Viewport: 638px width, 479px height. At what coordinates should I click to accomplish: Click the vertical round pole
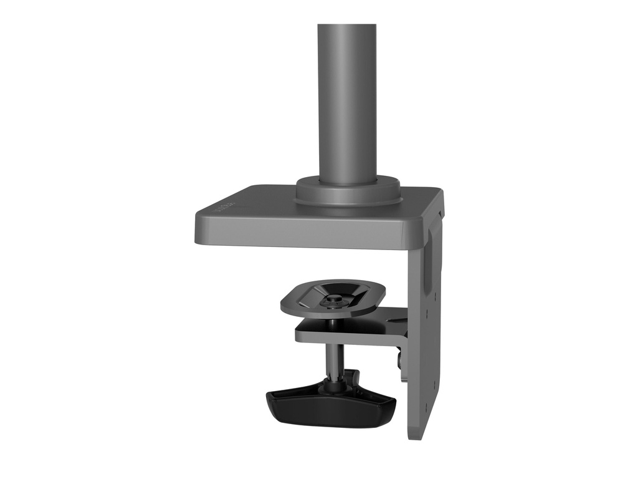(x=346, y=100)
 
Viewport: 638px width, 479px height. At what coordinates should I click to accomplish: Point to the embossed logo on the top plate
(x=224, y=206)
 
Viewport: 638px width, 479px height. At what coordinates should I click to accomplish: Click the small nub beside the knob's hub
(x=354, y=377)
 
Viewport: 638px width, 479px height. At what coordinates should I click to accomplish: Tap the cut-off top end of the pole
(x=346, y=26)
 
